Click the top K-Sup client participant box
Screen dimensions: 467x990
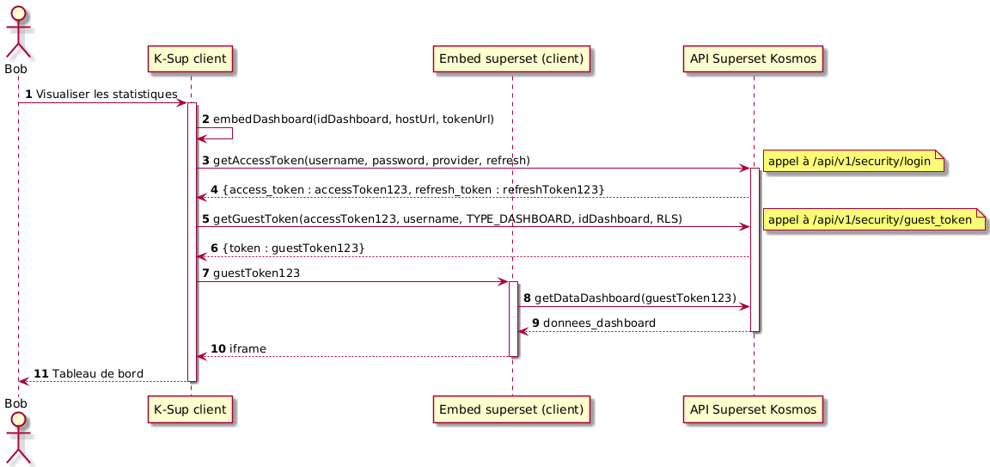click(x=191, y=58)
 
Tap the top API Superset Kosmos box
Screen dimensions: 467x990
click(x=754, y=58)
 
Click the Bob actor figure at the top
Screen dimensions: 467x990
click(x=18, y=30)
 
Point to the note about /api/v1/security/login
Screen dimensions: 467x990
click(x=852, y=161)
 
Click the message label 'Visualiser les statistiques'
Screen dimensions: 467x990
click(x=107, y=94)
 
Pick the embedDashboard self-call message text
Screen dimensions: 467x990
click(x=353, y=119)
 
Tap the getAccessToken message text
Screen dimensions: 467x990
click(x=370, y=161)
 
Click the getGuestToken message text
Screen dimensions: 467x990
click(x=447, y=219)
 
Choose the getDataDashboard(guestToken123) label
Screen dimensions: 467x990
click(x=635, y=297)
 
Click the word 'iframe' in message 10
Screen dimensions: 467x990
click(x=247, y=348)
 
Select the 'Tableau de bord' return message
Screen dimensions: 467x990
click(x=97, y=373)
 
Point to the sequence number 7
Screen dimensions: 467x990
click(x=205, y=273)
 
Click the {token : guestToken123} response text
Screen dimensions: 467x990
click(x=293, y=248)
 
